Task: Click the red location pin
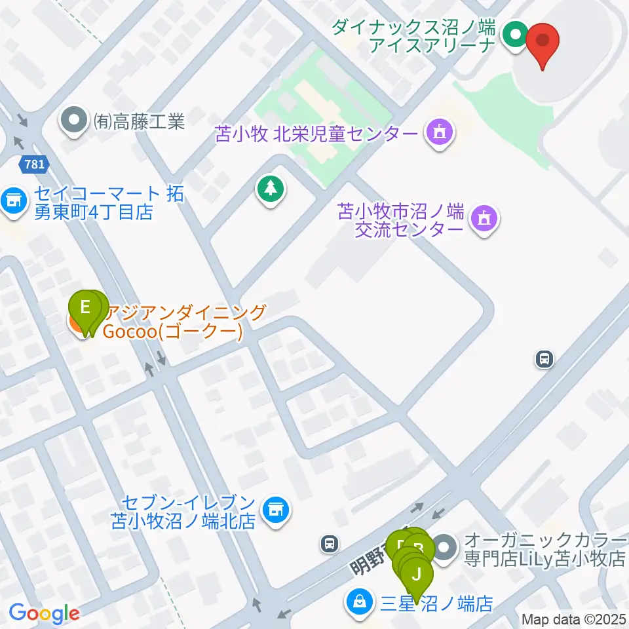[543, 41]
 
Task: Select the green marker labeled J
[417, 576]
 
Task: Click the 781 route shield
[32, 165]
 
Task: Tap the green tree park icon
[270, 190]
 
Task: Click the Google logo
[44, 613]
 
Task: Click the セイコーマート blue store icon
[11, 201]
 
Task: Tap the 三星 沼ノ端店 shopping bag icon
[359, 601]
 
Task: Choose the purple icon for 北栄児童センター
[438, 134]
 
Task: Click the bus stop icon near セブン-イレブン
[330, 543]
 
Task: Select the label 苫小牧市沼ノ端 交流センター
[400, 220]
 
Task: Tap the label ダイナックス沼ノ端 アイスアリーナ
[415, 35]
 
